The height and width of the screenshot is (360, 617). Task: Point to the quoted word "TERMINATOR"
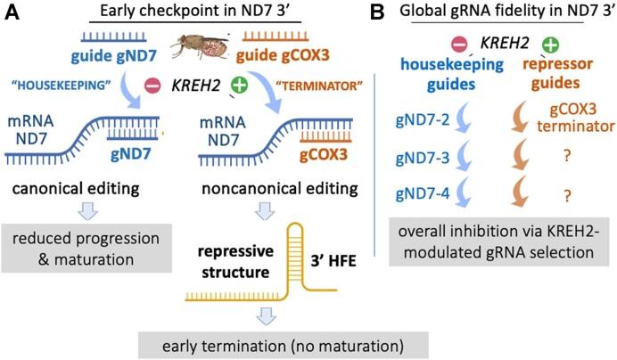tap(298, 90)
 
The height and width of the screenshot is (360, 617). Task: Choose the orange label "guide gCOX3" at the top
tap(287, 61)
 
